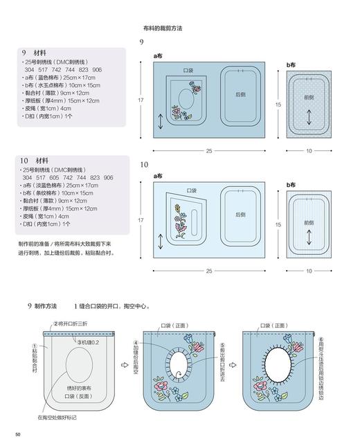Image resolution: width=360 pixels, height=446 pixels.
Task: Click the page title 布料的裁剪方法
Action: [x=163, y=28]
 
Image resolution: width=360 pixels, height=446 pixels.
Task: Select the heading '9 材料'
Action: [x=33, y=53]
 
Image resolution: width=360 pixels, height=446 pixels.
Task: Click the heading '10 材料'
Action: [x=35, y=160]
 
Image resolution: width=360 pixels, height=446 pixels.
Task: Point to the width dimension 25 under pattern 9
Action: [x=208, y=151]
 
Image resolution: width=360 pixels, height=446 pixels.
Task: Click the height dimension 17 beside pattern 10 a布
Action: [x=141, y=220]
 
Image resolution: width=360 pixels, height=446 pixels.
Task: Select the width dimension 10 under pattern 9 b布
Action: [x=309, y=151]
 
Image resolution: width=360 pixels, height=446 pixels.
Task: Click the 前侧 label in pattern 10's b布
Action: [x=309, y=223]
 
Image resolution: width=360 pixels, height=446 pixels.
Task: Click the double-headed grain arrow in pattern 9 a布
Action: [x=161, y=122]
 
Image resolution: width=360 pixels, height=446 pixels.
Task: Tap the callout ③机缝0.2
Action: [x=88, y=342]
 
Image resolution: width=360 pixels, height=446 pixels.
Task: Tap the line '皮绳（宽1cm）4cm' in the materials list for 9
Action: [x=48, y=109]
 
